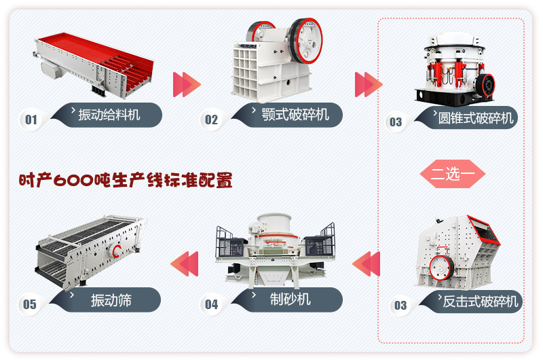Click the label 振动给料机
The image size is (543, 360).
[x=109, y=115]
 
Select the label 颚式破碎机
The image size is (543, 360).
[x=295, y=115]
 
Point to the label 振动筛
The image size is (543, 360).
[x=111, y=300]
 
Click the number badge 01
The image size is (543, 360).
[x=31, y=120]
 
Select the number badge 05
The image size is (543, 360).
[x=30, y=304]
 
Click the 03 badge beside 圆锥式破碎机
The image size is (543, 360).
[x=395, y=122]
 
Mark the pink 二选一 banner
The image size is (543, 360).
[x=453, y=173]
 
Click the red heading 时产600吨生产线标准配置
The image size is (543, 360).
[x=126, y=181]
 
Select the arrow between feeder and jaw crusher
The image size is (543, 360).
[x=187, y=84]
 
